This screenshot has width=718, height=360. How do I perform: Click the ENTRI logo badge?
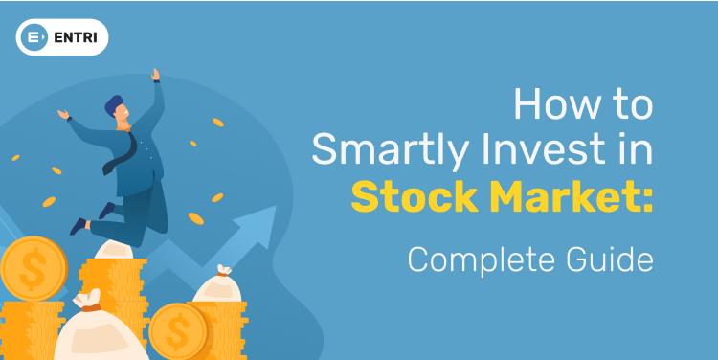pos(62,37)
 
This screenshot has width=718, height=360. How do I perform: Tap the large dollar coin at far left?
pos(33,268)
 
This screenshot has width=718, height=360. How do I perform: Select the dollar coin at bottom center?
pos(178,330)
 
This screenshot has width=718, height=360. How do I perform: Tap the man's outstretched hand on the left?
pos(64,114)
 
